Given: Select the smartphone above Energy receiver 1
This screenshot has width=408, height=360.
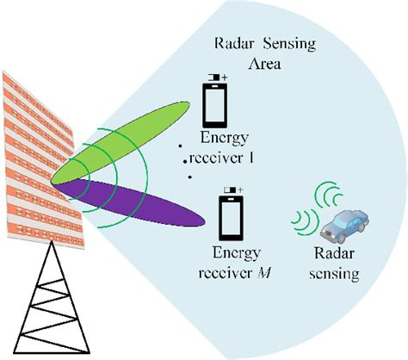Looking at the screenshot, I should [x=214, y=109].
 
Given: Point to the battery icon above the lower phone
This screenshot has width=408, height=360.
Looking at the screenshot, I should [x=231, y=189].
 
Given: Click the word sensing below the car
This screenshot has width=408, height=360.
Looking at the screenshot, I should [x=336, y=276].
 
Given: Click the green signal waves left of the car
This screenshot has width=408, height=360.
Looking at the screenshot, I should [x=301, y=223].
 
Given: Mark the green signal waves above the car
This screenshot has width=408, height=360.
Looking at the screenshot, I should [x=328, y=194].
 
